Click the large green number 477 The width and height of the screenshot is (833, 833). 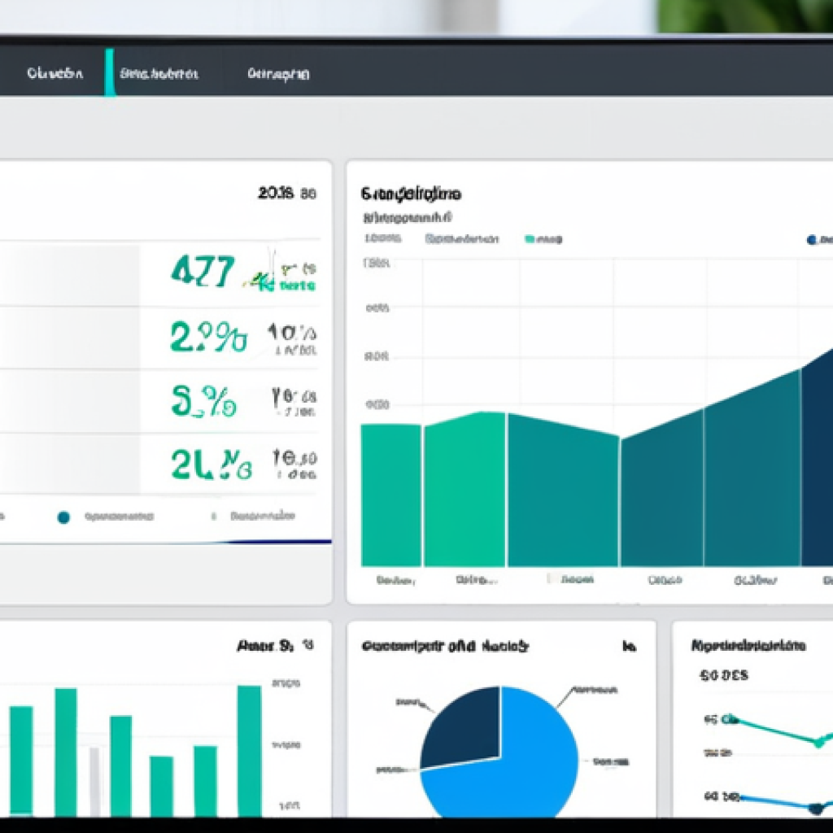[x=203, y=270]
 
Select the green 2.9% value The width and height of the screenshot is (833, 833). [x=208, y=336]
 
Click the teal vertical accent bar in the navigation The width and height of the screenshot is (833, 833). [x=109, y=72]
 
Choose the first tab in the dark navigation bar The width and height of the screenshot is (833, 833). [x=55, y=73]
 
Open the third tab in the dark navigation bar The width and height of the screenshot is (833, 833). [x=278, y=74]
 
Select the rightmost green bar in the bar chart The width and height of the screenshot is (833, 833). [x=249, y=748]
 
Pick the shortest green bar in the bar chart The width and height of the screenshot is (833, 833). [x=161, y=785]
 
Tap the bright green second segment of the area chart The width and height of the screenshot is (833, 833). [x=464, y=488]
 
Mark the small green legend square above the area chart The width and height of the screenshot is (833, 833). [x=530, y=239]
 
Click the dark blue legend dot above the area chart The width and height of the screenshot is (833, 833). [x=811, y=240]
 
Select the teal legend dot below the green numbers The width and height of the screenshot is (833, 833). [x=63, y=517]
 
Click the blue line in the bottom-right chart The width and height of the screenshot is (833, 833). [x=773, y=803]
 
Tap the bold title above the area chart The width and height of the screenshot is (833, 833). [x=411, y=194]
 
